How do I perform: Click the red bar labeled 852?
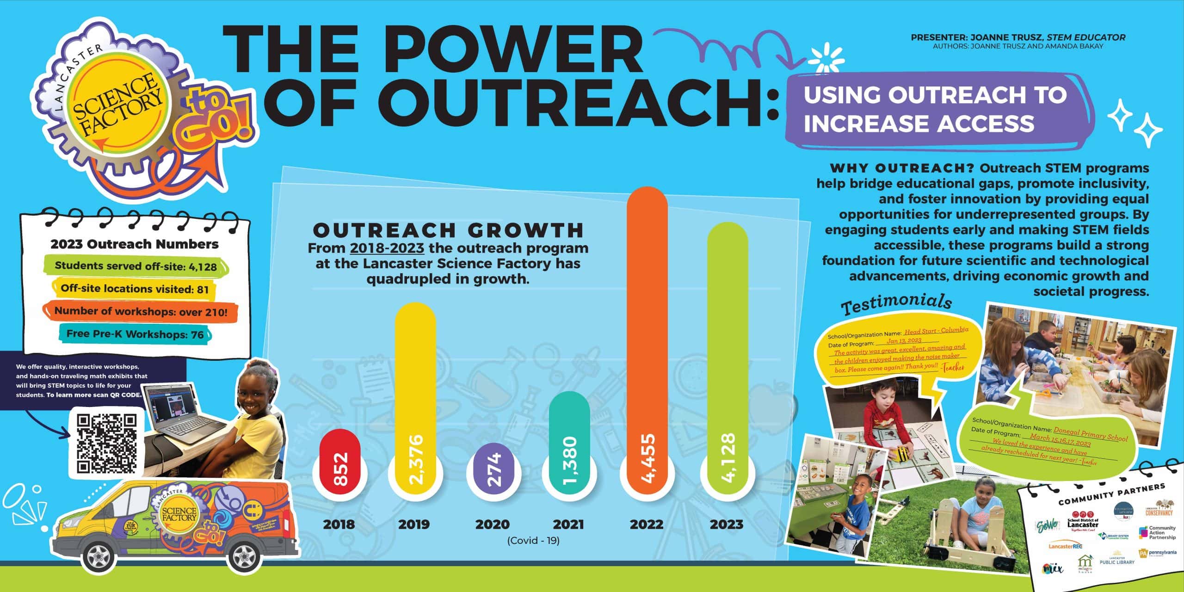[x=340, y=465]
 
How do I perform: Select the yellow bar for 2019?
[x=415, y=398]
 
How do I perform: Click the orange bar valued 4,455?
[x=647, y=342]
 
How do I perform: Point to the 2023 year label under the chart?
[x=727, y=524]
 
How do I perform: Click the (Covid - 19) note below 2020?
[x=533, y=540]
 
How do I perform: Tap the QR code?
[x=107, y=443]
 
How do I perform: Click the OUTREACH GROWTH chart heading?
[x=448, y=230]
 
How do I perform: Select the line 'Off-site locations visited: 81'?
[x=135, y=289]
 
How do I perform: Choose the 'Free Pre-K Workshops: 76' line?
[x=135, y=334]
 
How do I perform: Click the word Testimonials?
[x=896, y=303]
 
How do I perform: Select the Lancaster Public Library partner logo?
[x=1116, y=558]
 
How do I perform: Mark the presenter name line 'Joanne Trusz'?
[x=1017, y=37]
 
